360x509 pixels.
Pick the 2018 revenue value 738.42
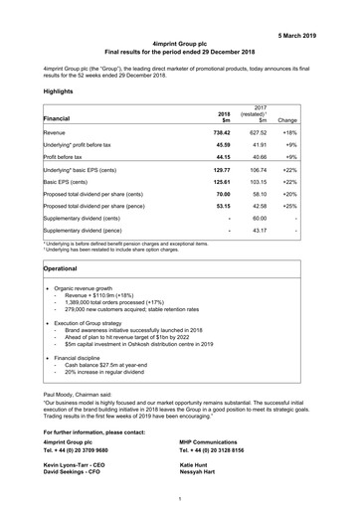[231, 132]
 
